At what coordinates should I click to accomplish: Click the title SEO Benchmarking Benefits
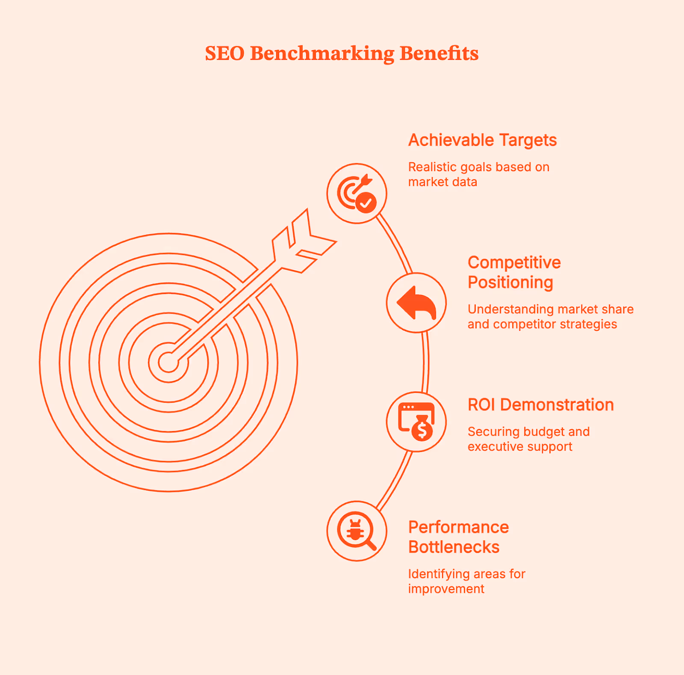click(342, 54)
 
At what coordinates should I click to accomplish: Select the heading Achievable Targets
click(482, 140)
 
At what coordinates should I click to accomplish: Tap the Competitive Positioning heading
click(514, 272)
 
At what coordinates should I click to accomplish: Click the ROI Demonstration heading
click(540, 405)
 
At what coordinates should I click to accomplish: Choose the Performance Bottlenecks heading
click(458, 537)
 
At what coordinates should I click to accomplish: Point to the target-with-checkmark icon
click(357, 193)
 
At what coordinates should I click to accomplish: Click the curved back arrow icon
click(416, 303)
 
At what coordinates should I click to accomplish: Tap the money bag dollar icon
click(416, 422)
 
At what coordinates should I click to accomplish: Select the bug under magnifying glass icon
click(357, 531)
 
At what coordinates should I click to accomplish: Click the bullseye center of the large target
click(168, 363)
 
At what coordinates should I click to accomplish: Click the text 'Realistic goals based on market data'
click(478, 174)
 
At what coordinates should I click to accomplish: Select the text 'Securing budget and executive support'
click(528, 439)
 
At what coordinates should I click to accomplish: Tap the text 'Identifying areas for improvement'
click(466, 581)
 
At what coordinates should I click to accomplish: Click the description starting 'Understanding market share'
click(550, 316)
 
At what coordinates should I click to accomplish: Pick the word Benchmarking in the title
click(322, 54)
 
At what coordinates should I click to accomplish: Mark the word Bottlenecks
click(454, 547)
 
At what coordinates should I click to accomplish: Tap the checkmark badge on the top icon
click(366, 202)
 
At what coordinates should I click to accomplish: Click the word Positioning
click(510, 282)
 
